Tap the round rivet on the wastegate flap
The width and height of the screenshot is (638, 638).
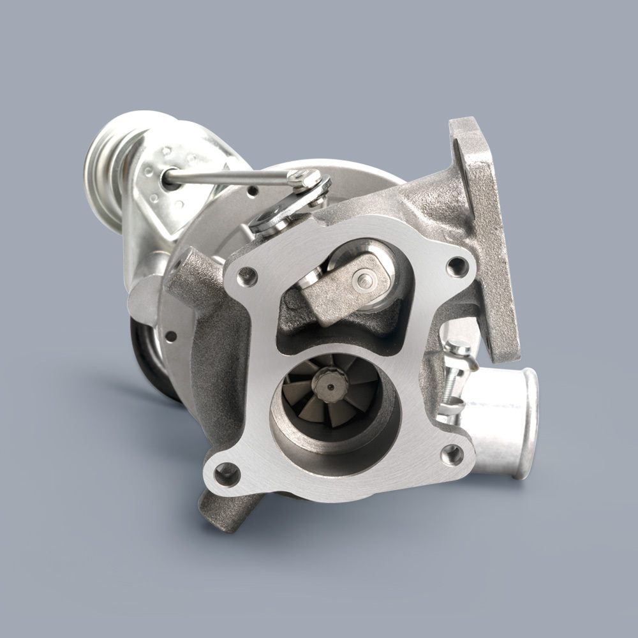pyautogui.click(x=362, y=278)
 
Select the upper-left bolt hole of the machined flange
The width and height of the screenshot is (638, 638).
pyautogui.click(x=247, y=276)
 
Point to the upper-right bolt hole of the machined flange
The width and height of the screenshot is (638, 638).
pyautogui.click(x=457, y=266)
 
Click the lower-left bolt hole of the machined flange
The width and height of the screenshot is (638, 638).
pyautogui.click(x=226, y=473)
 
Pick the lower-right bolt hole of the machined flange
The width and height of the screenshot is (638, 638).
pyautogui.click(x=452, y=454)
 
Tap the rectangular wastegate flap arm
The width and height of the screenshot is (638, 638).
pyautogui.click(x=338, y=287)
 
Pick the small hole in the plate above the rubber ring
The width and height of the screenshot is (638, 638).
pyautogui.click(x=171, y=336)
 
